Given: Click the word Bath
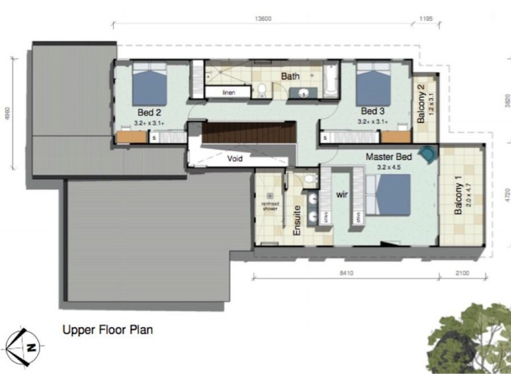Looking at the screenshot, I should (291, 76).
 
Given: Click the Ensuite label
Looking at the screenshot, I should (297, 221).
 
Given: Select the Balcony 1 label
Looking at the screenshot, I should (458, 199).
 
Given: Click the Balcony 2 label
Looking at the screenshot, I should (422, 104).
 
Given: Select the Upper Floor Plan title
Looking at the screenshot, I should (107, 331).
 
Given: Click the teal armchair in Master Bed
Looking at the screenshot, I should (427, 154).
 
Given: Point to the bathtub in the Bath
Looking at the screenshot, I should (330, 81).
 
